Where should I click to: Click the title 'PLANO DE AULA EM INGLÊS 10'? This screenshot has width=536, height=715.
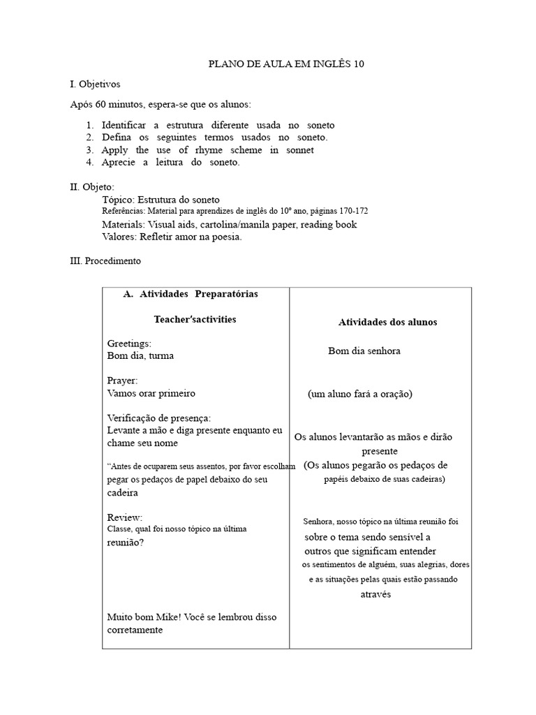click(287, 64)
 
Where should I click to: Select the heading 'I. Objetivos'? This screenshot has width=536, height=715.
click(95, 84)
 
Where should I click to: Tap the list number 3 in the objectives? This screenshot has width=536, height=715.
click(90, 150)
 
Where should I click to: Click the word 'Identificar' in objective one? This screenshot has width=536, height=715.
click(126, 125)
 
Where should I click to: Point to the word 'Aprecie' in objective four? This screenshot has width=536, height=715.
click(119, 163)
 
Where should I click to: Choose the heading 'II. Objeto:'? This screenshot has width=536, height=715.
click(92, 187)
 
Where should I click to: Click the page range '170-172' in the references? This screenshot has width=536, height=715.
click(353, 211)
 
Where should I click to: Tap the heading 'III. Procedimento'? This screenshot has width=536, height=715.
click(105, 261)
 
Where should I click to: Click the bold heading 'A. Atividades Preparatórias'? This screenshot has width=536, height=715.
click(190, 294)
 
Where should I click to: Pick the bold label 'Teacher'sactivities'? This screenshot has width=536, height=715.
click(195, 319)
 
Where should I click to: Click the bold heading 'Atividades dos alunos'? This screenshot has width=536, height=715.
click(387, 322)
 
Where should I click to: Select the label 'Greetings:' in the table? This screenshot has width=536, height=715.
click(129, 344)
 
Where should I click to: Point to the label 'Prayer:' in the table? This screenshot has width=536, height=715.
click(122, 381)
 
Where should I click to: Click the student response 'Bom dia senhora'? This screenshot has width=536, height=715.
click(364, 351)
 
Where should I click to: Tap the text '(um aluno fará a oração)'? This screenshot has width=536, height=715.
click(360, 394)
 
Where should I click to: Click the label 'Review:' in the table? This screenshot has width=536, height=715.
click(124, 517)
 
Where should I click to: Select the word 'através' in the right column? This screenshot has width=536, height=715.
click(375, 594)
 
